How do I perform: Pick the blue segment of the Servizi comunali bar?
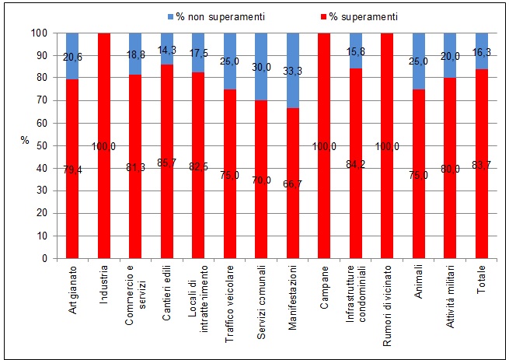coord(261,54)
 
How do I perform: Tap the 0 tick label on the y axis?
coord(45,259)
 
